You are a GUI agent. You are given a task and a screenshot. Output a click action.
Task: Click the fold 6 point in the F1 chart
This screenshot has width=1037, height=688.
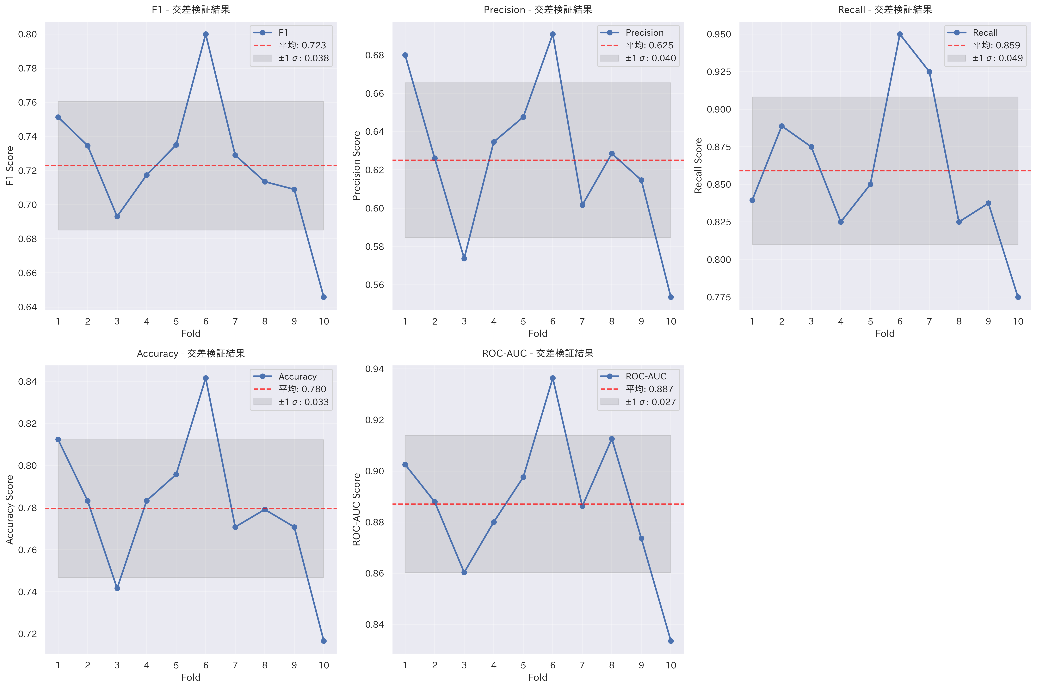click(206, 34)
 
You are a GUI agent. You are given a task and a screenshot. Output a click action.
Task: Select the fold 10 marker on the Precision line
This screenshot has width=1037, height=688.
click(670, 297)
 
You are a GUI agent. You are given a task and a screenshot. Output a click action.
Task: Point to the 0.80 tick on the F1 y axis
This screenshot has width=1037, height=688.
click(27, 34)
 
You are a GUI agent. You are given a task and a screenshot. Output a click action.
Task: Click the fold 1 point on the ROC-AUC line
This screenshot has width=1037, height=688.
click(405, 465)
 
